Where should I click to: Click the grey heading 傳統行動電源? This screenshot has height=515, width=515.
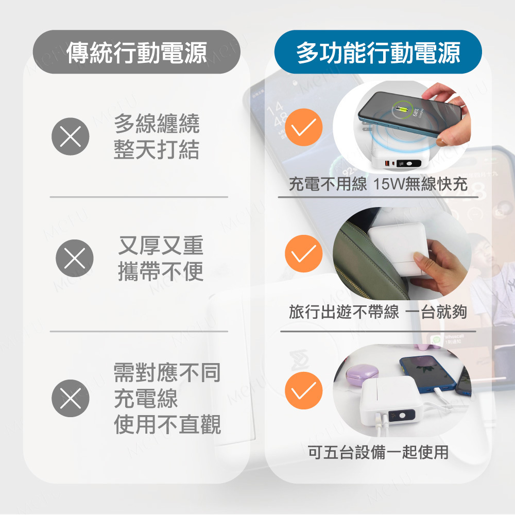[136, 52]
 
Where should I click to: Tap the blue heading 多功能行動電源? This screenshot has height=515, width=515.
[378, 52]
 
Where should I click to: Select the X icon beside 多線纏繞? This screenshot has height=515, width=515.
[70, 136]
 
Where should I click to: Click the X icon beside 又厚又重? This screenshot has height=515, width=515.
[75, 258]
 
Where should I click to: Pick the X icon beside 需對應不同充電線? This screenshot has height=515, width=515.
[70, 398]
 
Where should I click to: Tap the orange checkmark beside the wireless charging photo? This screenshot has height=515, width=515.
[304, 127]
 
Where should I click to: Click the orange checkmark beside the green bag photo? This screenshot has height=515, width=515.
[304, 253]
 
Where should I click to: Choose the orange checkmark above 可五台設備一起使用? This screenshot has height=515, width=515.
[304, 390]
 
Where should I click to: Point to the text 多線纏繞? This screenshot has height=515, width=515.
[157, 124]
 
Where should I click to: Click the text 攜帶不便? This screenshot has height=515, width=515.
[161, 271]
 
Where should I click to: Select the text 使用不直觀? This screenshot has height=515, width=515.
[167, 424]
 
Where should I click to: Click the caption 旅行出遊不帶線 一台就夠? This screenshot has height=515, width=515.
[377, 312]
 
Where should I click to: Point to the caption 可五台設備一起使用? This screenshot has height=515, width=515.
[378, 452]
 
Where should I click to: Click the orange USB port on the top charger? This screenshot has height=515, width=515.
[387, 163]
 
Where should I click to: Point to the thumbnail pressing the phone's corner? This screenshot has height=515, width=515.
[442, 142]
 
